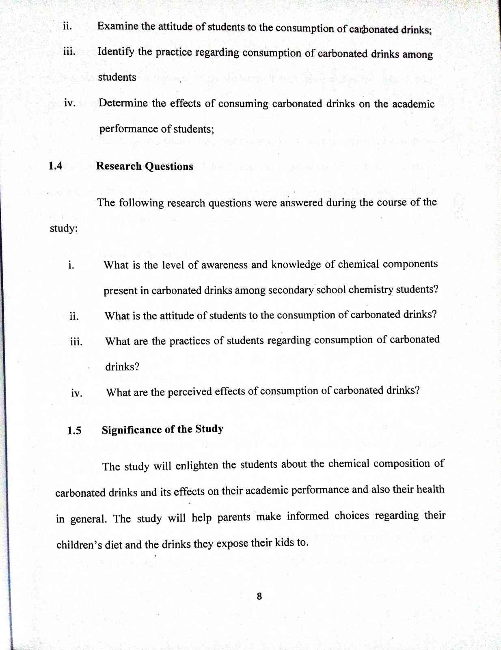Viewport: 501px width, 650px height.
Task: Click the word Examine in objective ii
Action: [x=118, y=27]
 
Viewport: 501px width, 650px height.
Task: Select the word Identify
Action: [x=116, y=52]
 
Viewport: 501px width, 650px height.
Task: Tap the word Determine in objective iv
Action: [x=123, y=103]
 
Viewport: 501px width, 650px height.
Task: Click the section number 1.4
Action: [x=55, y=166]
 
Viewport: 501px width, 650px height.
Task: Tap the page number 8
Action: [x=259, y=596]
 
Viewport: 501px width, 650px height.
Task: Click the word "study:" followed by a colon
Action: [x=64, y=229]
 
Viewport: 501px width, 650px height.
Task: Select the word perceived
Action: [x=190, y=392]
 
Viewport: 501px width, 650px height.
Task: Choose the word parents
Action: [x=234, y=518]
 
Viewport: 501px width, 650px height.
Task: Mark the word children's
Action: [x=79, y=545]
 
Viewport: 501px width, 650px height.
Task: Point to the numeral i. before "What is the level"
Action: [x=71, y=266]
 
